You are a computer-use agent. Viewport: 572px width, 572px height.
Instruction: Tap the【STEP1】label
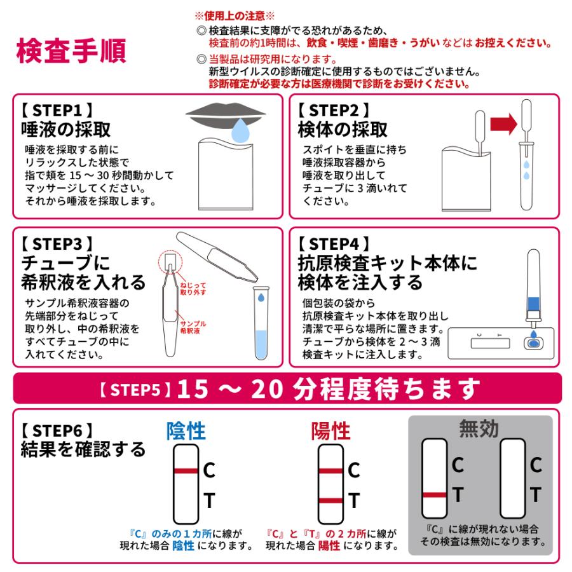pos(57,108)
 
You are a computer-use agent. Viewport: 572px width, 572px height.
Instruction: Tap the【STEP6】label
pos(57,430)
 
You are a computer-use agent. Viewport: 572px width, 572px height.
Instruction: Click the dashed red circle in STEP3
pos(169,261)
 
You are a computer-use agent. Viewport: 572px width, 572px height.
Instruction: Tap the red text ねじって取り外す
pos(193,290)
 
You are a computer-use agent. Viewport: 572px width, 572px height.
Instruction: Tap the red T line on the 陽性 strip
pos(330,501)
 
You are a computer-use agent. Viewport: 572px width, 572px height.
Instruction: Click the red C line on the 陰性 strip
pos(186,470)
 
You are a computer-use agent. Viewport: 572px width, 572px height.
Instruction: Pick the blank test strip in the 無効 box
pos(512,477)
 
